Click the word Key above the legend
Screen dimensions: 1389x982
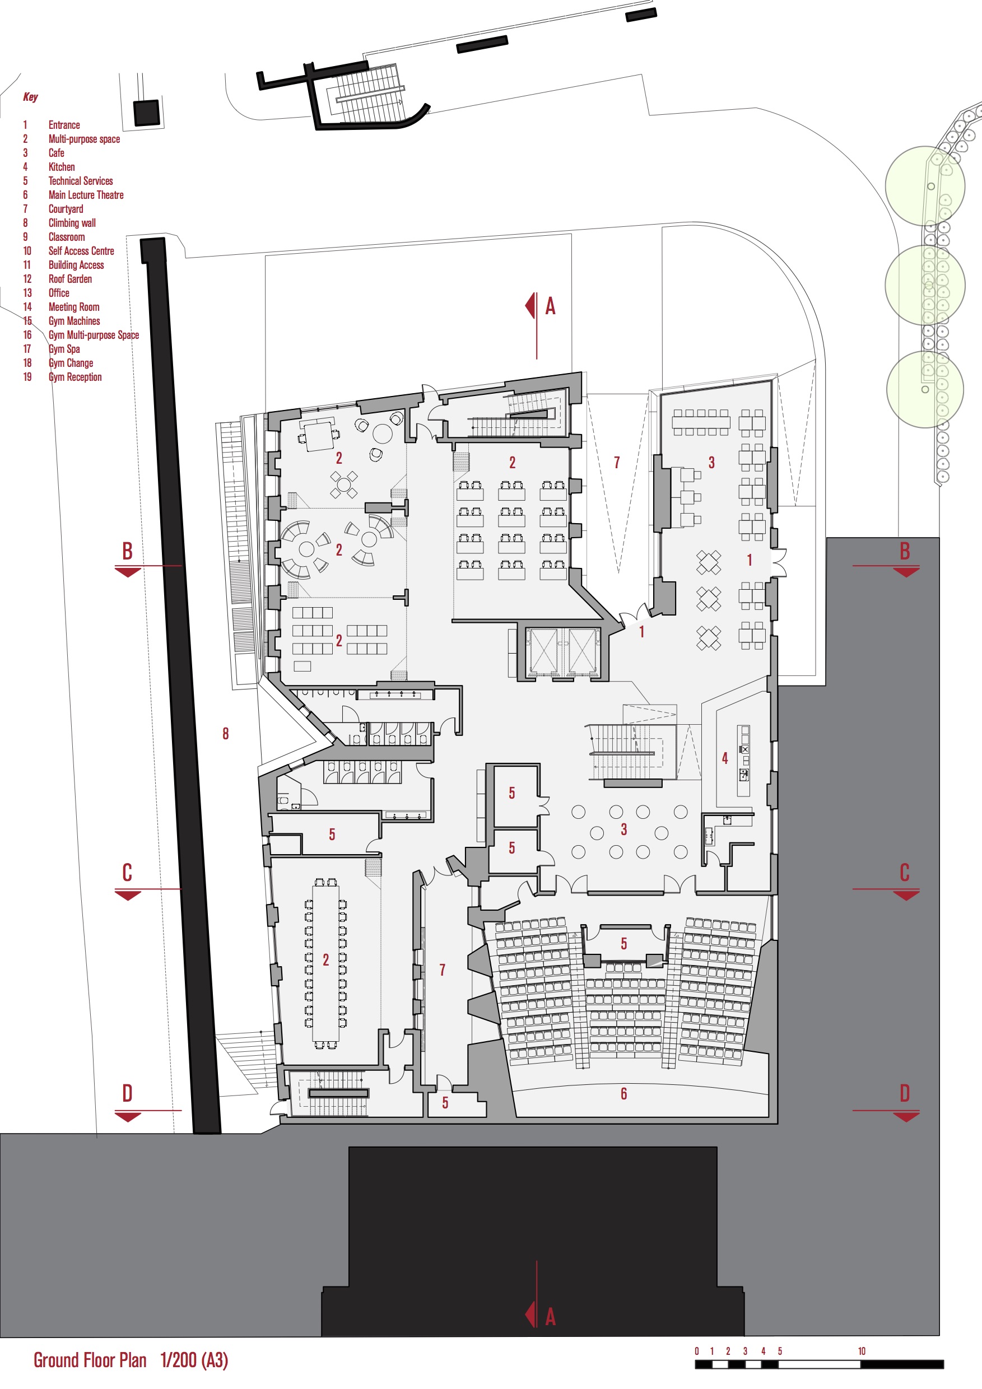pos(30,97)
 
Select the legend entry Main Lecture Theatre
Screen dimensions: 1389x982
pos(85,195)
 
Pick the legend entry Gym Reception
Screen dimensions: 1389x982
pos(75,377)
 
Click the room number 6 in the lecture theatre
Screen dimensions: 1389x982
pos(623,1093)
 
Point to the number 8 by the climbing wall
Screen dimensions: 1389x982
pos(225,733)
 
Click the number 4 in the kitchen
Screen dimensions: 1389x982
pos(724,757)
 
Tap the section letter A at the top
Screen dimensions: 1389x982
pos(550,306)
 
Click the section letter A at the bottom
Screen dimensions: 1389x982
pos(550,1316)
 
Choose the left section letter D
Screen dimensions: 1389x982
pos(127,1093)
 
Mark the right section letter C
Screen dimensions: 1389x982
pos(904,873)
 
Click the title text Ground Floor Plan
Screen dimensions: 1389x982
pos(90,1360)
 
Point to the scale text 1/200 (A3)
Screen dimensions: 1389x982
pos(194,1360)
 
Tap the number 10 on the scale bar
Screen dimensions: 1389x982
pos(861,1351)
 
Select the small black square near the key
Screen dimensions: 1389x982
pos(146,113)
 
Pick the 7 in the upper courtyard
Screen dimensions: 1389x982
pos(617,462)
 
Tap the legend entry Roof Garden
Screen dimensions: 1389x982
pos(69,279)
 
